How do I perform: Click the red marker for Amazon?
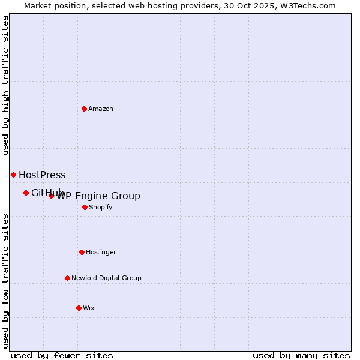(x=84, y=109)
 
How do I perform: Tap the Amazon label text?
(x=101, y=109)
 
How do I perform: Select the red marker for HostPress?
(x=13, y=175)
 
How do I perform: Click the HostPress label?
(x=42, y=175)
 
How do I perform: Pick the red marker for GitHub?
(x=26, y=193)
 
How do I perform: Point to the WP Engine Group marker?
(x=51, y=196)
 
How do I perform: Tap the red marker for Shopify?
(x=85, y=207)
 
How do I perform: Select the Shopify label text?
(x=100, y=207)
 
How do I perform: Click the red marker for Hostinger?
(x=82, y=252)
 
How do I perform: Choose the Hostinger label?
(x=101, y=252)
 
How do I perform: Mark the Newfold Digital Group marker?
(x=67, y=278)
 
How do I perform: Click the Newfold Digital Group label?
(x=106, y=278)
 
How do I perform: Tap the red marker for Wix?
(x=79, y=308)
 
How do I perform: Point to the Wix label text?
(x=89, y=308)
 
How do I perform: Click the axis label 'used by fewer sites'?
(x=62, y=355)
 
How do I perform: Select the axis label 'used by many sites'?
(x=301, y=355)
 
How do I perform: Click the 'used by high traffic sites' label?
(x=5, y=85)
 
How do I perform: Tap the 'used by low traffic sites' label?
(x=5, y=281)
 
